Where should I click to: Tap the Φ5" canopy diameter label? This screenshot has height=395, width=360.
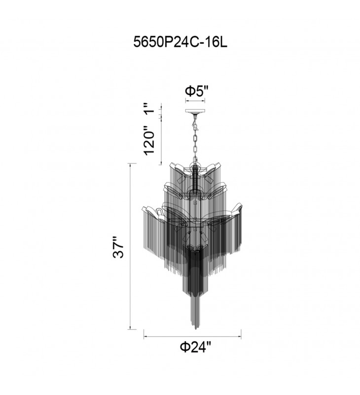coord(197,91)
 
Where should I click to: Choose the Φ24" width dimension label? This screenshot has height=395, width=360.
coord(195,347)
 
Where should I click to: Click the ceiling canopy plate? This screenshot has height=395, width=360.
coord(195,111)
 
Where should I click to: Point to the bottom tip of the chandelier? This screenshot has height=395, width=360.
coord(195,329)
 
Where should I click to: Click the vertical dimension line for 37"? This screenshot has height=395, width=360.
coord(130,246)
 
